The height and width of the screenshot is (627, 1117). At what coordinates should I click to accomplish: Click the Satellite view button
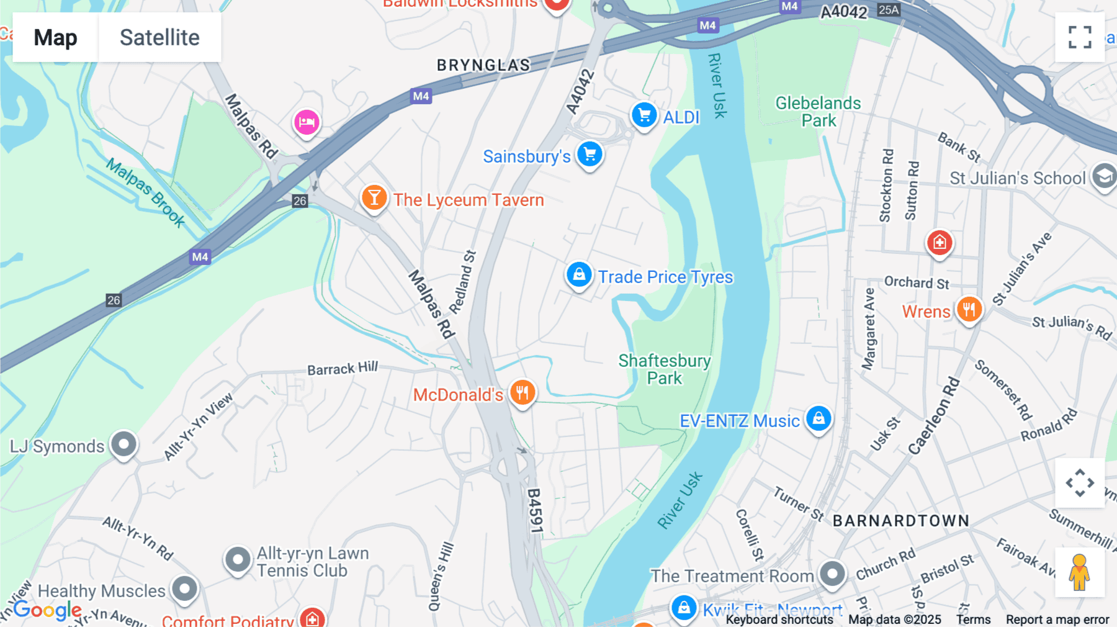[x=159, y=37]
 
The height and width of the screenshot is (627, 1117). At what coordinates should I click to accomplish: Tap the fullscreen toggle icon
[x=1080, y=37]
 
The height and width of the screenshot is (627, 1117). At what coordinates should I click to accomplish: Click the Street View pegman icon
[x=1080, y=572]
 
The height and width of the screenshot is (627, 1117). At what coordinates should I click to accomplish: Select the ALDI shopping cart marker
[x=644, y=115]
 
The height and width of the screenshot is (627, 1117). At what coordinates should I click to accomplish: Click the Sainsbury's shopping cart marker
[x=590, y=154]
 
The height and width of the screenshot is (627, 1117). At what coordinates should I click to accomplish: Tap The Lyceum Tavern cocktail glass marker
[x=374, y=198]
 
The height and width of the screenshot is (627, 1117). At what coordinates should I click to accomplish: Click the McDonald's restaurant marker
[x=523, y=392]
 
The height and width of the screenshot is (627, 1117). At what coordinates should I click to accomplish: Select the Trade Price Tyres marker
[x=578, y=274]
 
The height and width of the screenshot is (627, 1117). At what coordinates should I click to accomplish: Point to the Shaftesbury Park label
[x=664, y=369]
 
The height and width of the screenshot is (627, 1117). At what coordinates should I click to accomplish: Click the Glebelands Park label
[x=818, y=112]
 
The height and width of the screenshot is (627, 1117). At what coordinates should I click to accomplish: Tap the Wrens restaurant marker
[x=969, y=309]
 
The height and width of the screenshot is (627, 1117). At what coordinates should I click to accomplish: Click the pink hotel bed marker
[x=307, y=122]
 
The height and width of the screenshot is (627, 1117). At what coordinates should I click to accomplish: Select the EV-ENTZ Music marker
[x=819, y=418]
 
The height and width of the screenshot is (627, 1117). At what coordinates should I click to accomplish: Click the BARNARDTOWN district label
[x=900, y=521]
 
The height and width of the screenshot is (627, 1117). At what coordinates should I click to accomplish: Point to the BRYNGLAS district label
[x=483, y=65]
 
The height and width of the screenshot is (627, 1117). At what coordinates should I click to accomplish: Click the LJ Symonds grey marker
[x=123, y=444]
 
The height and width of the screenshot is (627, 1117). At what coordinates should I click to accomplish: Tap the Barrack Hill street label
[x=343, y=369]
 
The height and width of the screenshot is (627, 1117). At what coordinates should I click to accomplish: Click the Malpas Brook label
[x=145, y=192]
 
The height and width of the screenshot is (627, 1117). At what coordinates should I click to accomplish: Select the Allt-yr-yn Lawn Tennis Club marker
[x=238, y=560]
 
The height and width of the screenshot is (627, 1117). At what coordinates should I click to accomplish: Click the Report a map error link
[x=1057, y=620]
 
